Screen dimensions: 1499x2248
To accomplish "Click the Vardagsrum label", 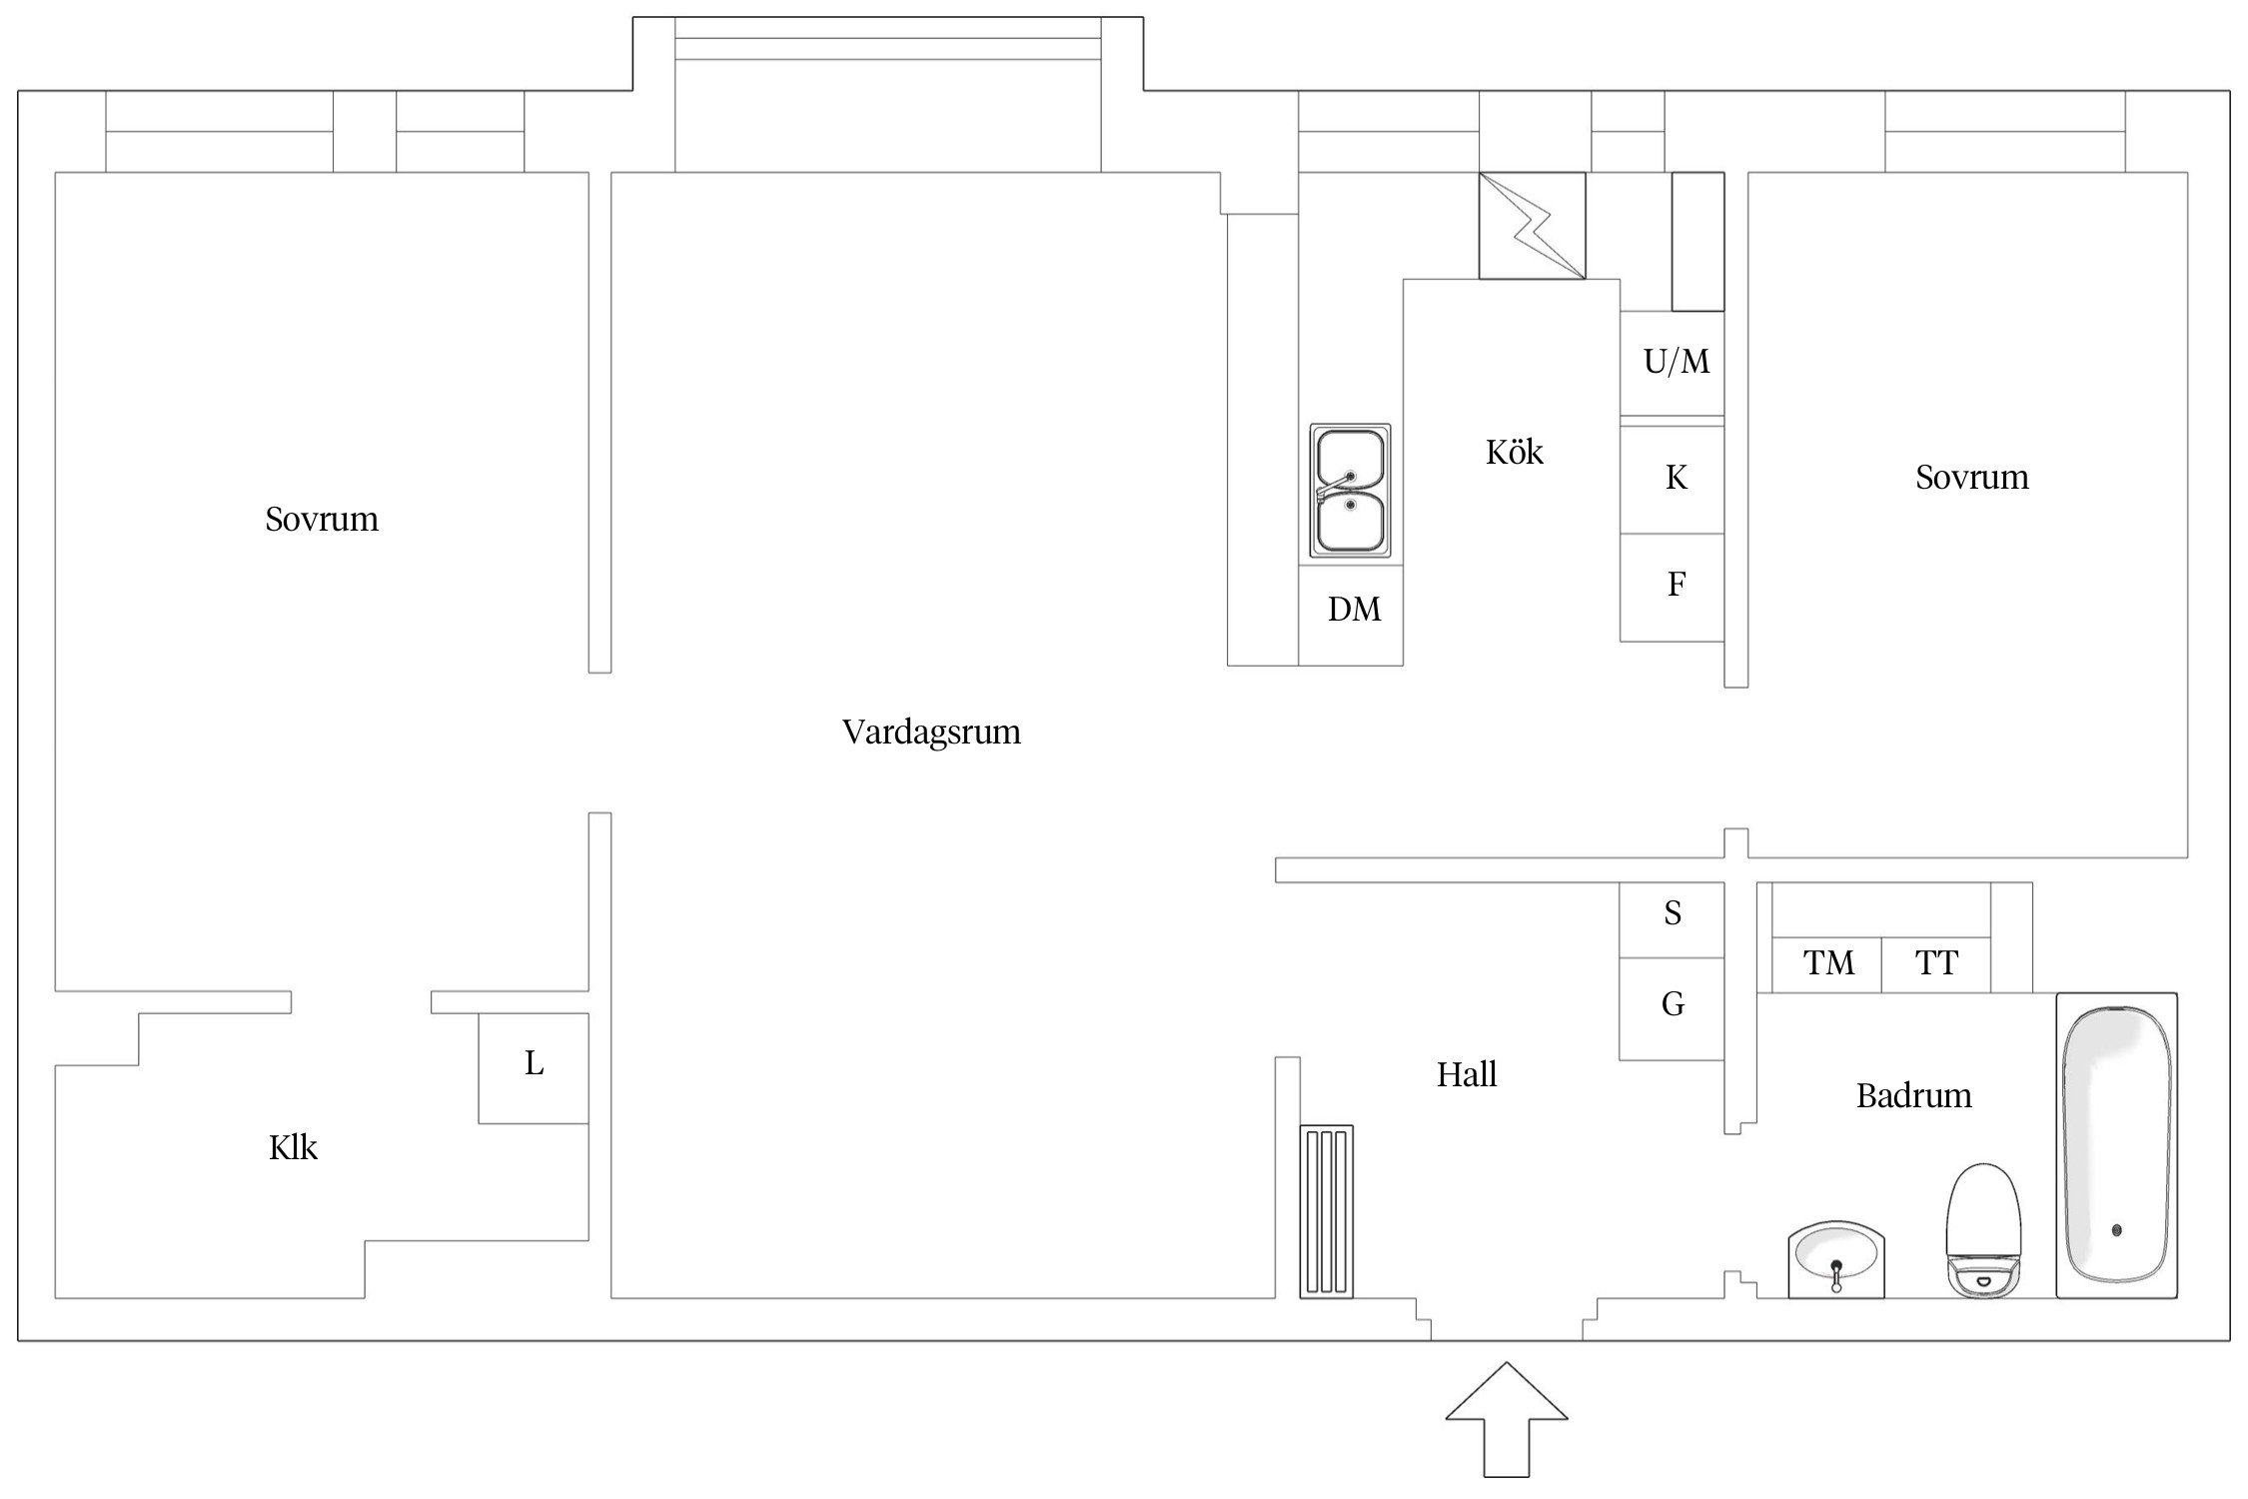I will [x=931, y=733].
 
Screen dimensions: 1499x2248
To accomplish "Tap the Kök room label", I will [x=1514, y=453].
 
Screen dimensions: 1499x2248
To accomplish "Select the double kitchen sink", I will [x=1350, y=491].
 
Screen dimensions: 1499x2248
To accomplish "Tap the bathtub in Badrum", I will [x=2116, y=1145].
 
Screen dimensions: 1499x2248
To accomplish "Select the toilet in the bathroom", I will [x=1983, y=1230].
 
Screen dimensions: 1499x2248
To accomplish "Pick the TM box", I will [x=1827, y=963].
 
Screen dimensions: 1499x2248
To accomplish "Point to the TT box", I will [x=1935, y=963].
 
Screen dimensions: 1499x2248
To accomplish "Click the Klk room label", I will [x=293, y=1148].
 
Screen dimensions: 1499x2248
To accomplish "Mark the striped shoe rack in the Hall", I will [x=1326, y=1211].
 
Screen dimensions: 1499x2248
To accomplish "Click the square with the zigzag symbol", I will [x=1531, y=225].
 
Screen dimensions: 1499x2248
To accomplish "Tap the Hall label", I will [x=1466, y=1076].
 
